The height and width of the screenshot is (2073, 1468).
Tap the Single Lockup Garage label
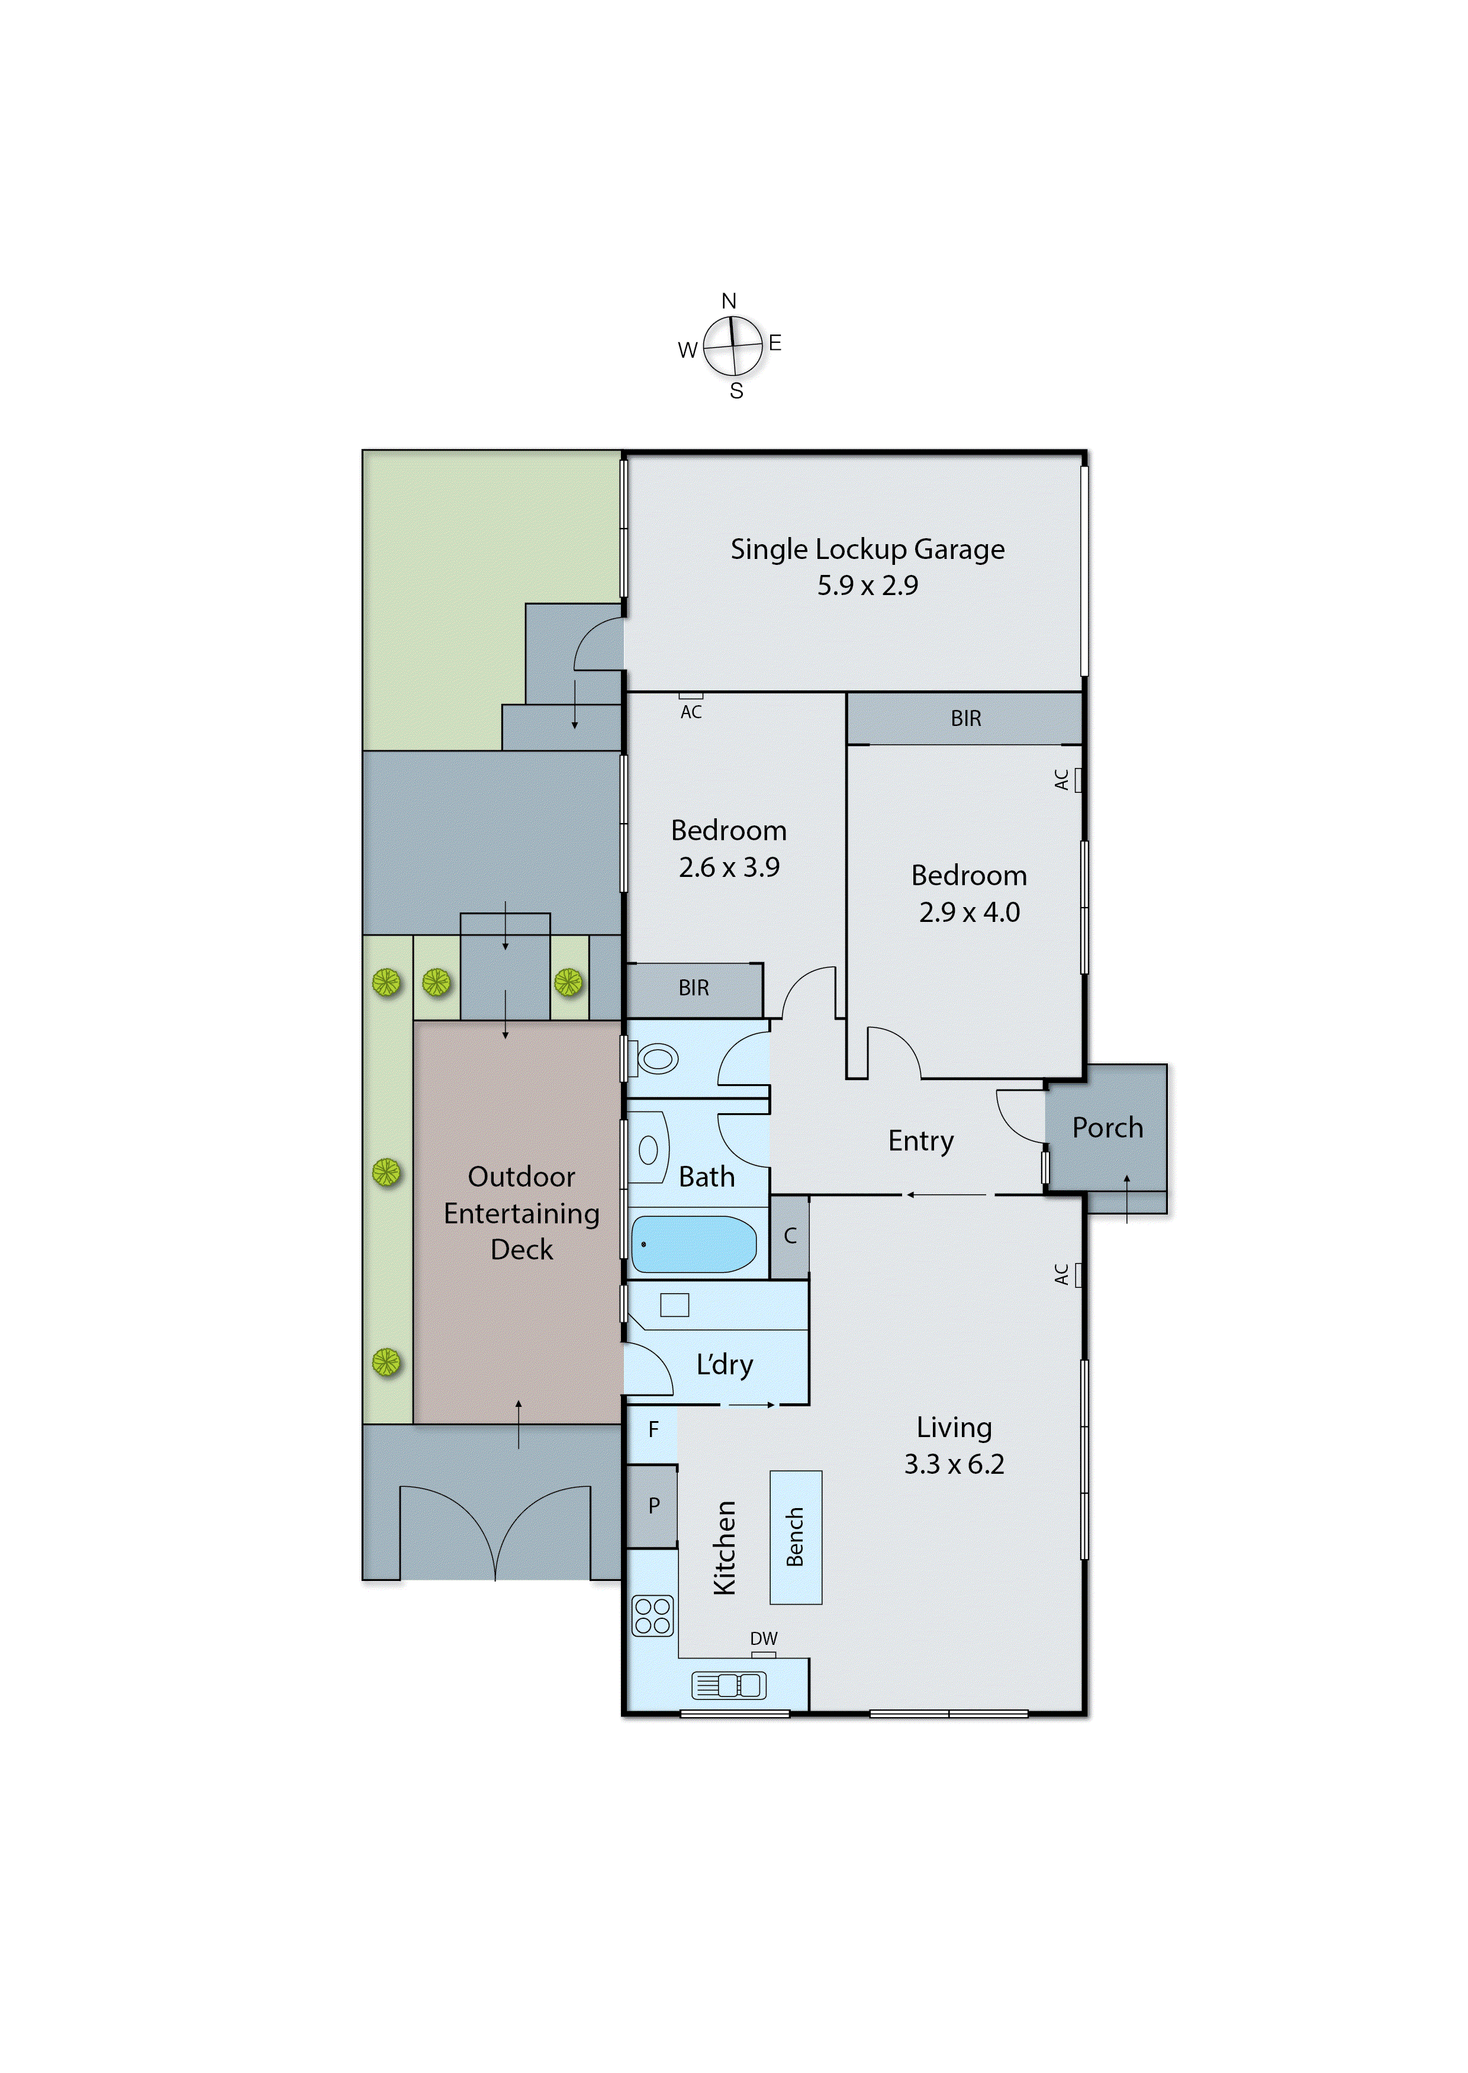coord(867,549)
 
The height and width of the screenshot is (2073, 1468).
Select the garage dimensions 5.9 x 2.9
coord(867,586)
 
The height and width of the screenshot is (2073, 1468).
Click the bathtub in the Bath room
coord(693,1244)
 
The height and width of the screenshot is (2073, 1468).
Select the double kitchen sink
coord(729,1685)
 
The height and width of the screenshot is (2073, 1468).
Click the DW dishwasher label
coord(764,1638)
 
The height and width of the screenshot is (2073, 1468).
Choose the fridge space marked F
coord(653,1430)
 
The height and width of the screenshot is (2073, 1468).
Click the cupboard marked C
coord(790,1236)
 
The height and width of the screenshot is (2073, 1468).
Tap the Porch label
coord(1108,1127)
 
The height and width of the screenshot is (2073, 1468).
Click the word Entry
coord(920,1141)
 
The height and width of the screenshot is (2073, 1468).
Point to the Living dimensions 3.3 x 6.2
coord(954,1464)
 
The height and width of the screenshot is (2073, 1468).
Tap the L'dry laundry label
coord(724,1364)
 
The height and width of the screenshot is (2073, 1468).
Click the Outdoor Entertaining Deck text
coord(521,1212)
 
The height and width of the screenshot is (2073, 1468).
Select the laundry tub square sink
coord(674,1304)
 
